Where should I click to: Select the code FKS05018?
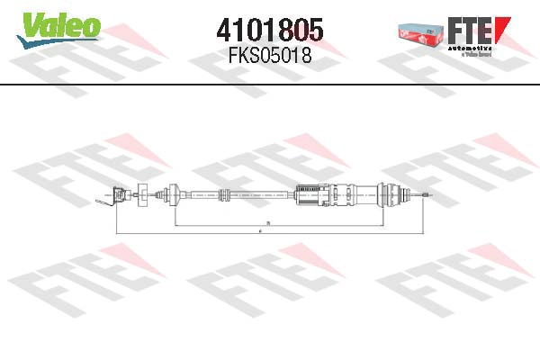(x=270, y=57)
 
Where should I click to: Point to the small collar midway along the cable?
(x=223, y=194)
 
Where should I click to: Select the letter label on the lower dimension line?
(x=260, y=233)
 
